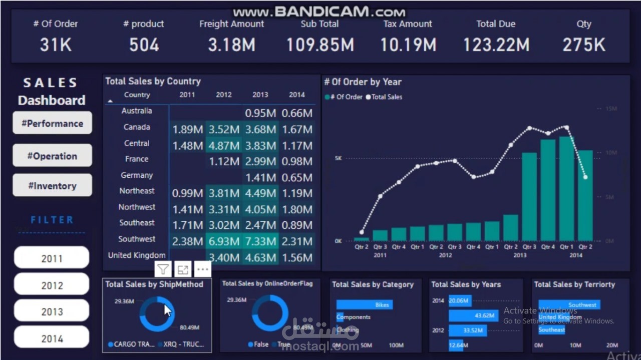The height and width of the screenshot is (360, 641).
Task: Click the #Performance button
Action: [x=52, y=123]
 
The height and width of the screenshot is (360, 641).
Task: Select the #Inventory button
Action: [x=52, y=186]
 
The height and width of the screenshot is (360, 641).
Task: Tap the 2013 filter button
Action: [x=52, y=312]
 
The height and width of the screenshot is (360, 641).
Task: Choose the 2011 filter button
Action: [x=52, y=258]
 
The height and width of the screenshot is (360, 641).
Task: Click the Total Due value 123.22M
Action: [x=496, y=45]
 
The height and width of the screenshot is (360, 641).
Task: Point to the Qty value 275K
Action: [x=584, y=45]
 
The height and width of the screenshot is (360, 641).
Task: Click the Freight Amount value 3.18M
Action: [x=231, y=45]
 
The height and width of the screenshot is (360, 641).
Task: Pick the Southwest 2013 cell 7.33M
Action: [x=260, y=241]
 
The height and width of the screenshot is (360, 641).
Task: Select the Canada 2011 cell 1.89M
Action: [x=187, y=130]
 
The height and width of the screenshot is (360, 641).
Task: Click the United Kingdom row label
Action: [x=137, y=255]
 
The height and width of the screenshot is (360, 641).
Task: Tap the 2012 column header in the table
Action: [x=224, y=95]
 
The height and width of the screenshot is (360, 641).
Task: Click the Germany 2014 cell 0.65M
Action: [x=297, y=178]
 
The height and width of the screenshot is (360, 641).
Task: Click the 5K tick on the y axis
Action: [x=339, y=158]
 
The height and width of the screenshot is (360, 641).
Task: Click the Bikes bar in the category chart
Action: [x=364, y=304]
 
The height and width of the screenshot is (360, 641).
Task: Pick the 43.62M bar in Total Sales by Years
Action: [x=473, y=315]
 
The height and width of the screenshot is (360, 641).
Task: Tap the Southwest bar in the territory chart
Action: [x=569, y=304]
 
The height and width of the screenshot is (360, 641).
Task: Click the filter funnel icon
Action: [x=163, y=270]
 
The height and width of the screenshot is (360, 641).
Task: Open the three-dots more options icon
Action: [x=202, y=270]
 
